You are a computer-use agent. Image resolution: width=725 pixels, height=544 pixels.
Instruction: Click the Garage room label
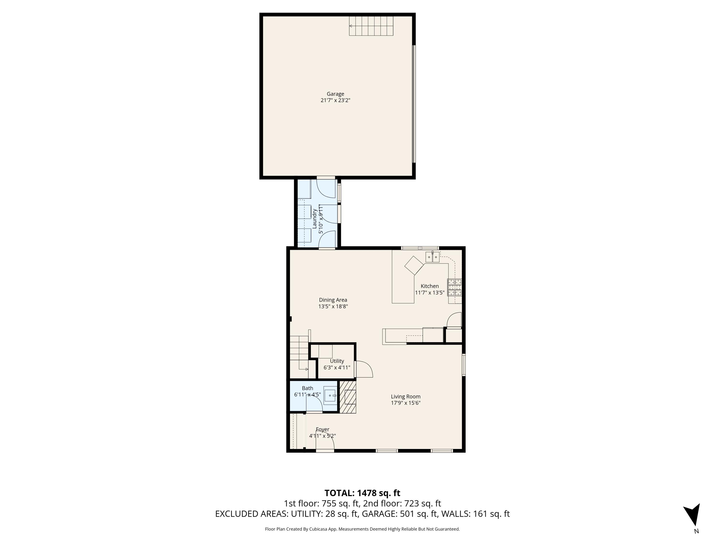335,94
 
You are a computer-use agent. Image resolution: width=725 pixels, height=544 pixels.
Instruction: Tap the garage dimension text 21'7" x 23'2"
335,100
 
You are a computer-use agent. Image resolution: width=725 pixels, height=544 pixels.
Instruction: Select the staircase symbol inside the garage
371,26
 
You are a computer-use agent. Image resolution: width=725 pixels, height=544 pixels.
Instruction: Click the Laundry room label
314,219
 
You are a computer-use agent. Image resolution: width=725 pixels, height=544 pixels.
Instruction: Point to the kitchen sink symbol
432,257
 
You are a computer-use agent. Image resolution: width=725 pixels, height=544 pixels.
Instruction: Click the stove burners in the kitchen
455,287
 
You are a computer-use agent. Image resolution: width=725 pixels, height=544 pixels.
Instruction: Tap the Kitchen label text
429,286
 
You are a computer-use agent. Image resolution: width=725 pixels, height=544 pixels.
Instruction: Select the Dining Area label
333,300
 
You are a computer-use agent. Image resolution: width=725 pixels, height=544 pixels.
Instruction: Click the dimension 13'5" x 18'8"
333,307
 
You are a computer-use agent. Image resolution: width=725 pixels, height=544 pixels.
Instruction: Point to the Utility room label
337,361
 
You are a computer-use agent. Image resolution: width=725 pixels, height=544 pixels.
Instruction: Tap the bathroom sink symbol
330,396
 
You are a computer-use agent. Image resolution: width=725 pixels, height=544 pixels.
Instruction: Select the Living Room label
406,397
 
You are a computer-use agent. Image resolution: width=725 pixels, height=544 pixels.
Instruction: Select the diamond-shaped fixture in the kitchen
414,265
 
